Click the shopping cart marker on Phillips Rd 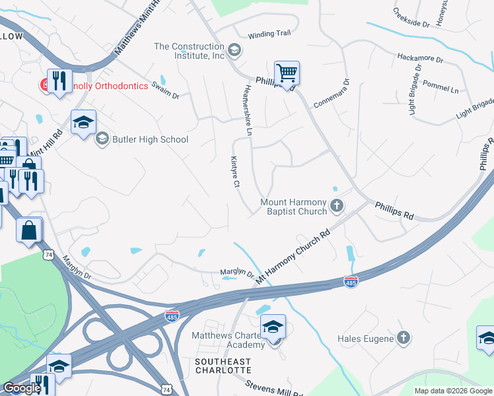pos(287,73)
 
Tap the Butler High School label pos(151,139)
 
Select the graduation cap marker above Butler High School pos(84,123)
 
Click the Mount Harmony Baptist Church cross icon pos(337,207)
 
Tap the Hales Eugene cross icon pos(404,339)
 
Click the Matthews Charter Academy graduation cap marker pos(273,327)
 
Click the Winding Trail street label pos(269,35)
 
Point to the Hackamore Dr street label pos(420,59)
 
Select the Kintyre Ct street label pos(234,172)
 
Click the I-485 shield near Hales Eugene pos(351,282)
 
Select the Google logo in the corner pos(22,388)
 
